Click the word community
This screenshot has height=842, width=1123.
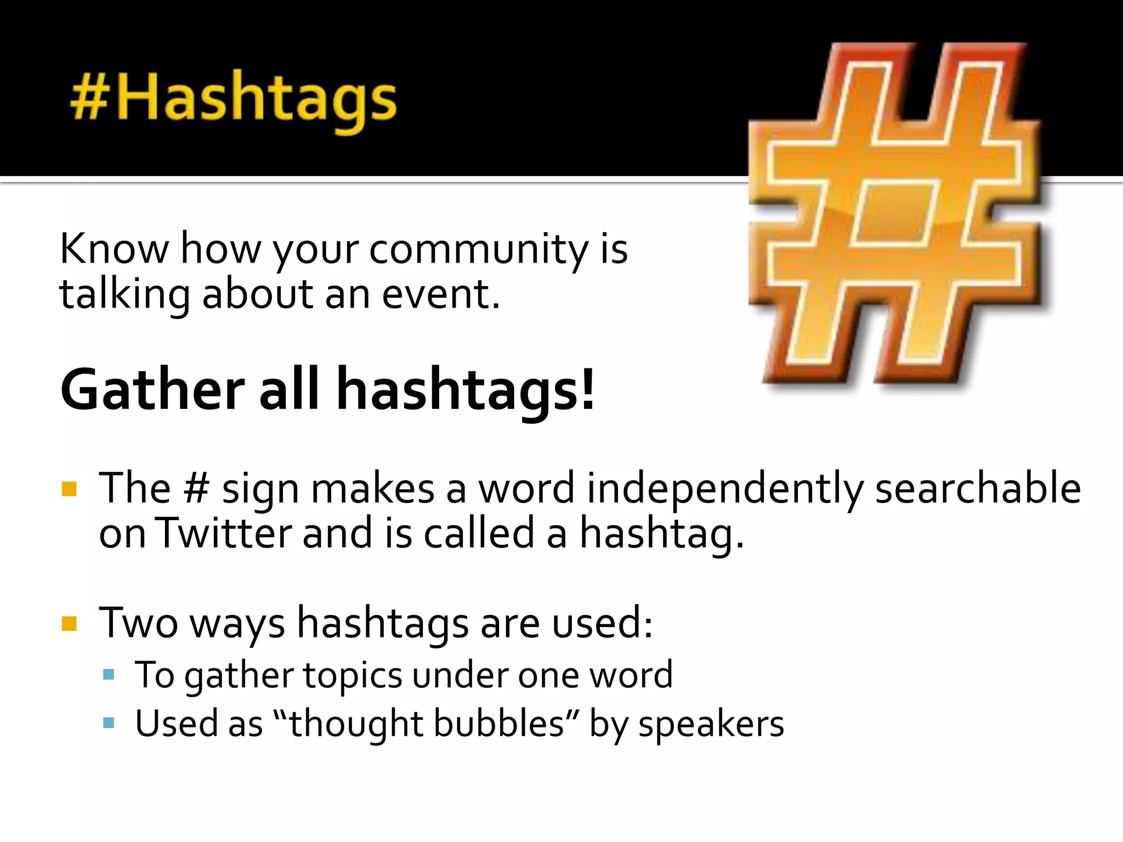point(479,249)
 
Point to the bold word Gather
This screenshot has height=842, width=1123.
point(152,389)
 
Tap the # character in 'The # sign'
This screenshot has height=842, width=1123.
point(196,487)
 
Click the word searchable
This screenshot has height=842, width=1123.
point(978,487)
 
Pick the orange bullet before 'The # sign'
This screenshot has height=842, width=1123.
point(69,488)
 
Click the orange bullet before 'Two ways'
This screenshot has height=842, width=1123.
point(69,624)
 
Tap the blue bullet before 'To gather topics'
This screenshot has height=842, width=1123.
point(109,674)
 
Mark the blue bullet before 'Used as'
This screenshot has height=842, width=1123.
point(109,723)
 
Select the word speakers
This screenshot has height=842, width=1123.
point(711,724)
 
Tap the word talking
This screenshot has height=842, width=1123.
point(124,294)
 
